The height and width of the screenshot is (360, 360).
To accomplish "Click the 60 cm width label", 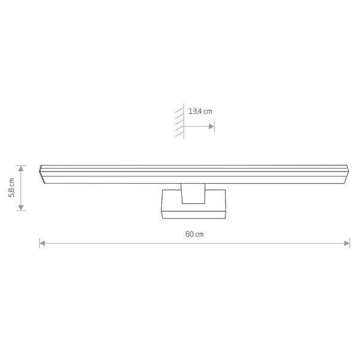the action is click(x=194, y=234).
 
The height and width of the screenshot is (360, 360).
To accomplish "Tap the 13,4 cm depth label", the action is click(x=200, y=112).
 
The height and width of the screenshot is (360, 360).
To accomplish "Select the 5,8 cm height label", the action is click(x=11, y=188).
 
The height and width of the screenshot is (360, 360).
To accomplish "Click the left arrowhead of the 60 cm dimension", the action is click(x=42, y=243).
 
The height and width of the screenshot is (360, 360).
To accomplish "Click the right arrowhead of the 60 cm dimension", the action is click(x=347, y=243).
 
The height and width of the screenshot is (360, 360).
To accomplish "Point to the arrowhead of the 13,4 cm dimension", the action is click(x=211, y=126).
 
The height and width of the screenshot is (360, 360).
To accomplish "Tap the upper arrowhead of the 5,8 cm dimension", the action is click(x=21, y=169).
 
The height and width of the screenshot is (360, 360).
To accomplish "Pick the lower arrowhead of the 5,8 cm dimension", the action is click(x=21, y=208).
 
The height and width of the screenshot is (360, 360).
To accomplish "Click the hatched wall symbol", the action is click(x=179, y=121).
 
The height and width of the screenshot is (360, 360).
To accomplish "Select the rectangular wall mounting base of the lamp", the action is click(x=194, y=205).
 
